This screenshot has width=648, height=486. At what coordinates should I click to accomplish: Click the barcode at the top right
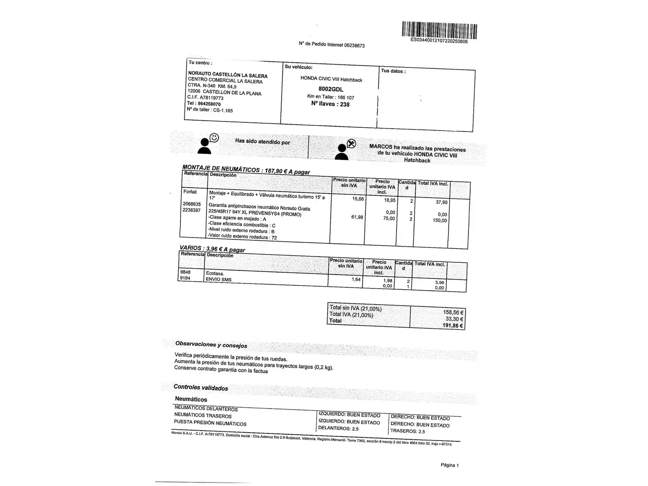tap(439, 31)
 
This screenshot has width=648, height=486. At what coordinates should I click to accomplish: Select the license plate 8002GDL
tap(331, 89)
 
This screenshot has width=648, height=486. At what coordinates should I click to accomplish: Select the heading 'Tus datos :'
tap(393, 71)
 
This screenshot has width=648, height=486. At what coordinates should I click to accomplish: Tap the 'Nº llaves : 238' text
tap(330, 104)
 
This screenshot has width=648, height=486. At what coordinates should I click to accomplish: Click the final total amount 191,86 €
tap(453, 325)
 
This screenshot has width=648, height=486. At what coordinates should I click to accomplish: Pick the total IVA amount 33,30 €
tap(455, 319)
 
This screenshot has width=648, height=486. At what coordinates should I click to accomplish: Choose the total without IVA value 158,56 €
tap(453, 312)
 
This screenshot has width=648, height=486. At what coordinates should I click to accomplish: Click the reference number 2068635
tap(192, 204)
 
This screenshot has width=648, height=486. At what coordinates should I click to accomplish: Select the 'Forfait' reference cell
tap(190, 192)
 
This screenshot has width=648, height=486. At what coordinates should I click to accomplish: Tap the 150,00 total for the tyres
tap(439, 220)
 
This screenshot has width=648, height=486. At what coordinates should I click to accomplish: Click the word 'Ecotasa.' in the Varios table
tap(215, 273)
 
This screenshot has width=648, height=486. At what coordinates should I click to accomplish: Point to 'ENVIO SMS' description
tap(218, 279)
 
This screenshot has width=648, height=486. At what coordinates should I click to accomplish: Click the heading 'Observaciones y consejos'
tap(211, 345)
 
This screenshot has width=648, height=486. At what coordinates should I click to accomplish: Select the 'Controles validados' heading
tap(201, 387)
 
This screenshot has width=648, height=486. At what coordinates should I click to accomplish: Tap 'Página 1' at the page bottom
tap(449, 465)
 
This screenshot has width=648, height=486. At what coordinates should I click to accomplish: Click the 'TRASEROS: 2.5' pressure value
tap(407, 431)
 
